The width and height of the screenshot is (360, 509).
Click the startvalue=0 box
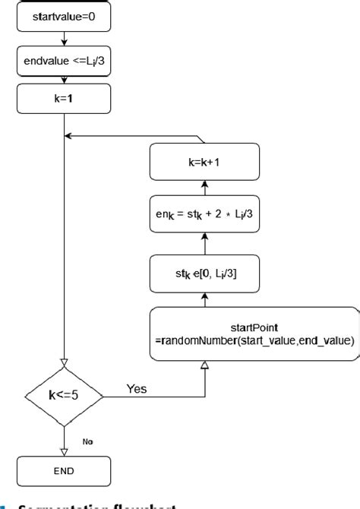[65, 15]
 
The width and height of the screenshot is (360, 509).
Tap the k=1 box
[65, 99]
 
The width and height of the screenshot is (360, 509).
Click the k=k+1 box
[205, 162]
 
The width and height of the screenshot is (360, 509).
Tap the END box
[65, 470]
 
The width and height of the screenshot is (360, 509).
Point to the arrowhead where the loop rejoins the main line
[68, 137]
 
